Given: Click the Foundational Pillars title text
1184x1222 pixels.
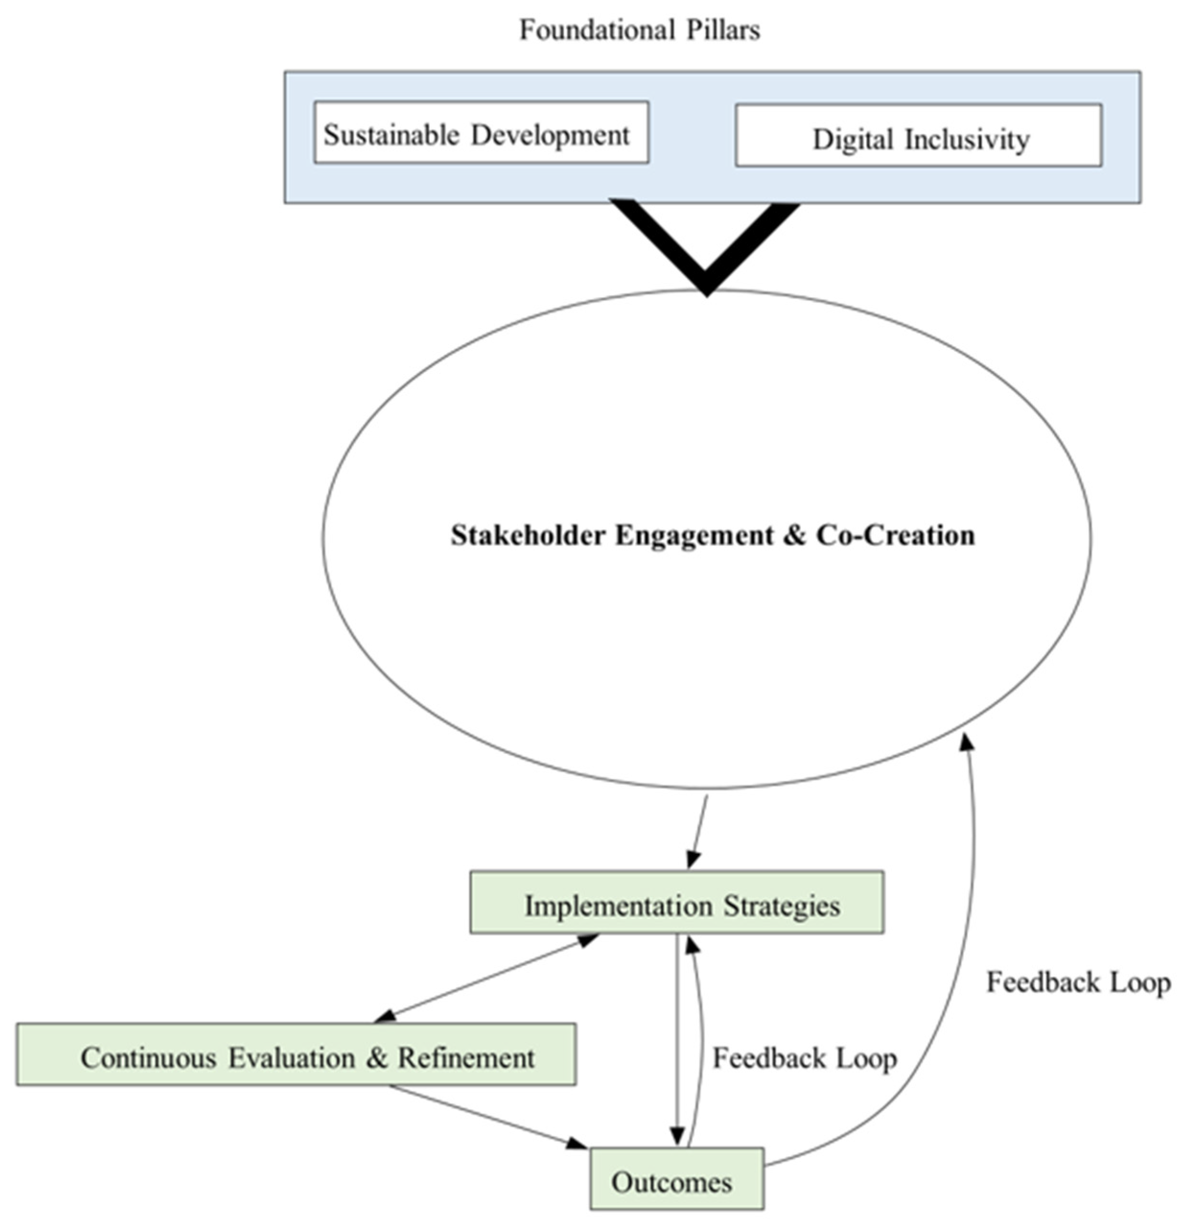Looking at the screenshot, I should (640, 30).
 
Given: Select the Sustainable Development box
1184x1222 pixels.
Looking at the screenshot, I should (481, 133).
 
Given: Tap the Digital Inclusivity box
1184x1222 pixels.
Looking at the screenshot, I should (918, 136).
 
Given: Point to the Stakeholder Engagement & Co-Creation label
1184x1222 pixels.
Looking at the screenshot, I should (713, 535).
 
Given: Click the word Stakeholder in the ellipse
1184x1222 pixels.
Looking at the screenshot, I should (527, 535).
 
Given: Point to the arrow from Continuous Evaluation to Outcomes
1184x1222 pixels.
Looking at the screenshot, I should (487, 1116).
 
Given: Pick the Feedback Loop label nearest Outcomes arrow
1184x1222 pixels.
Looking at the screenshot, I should (804, 1058).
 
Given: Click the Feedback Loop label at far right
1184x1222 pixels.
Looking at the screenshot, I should (1078, 983).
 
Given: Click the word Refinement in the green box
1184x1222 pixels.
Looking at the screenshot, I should (466, 1058).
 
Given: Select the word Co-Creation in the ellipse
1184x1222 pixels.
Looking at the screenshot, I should (896, 535).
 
